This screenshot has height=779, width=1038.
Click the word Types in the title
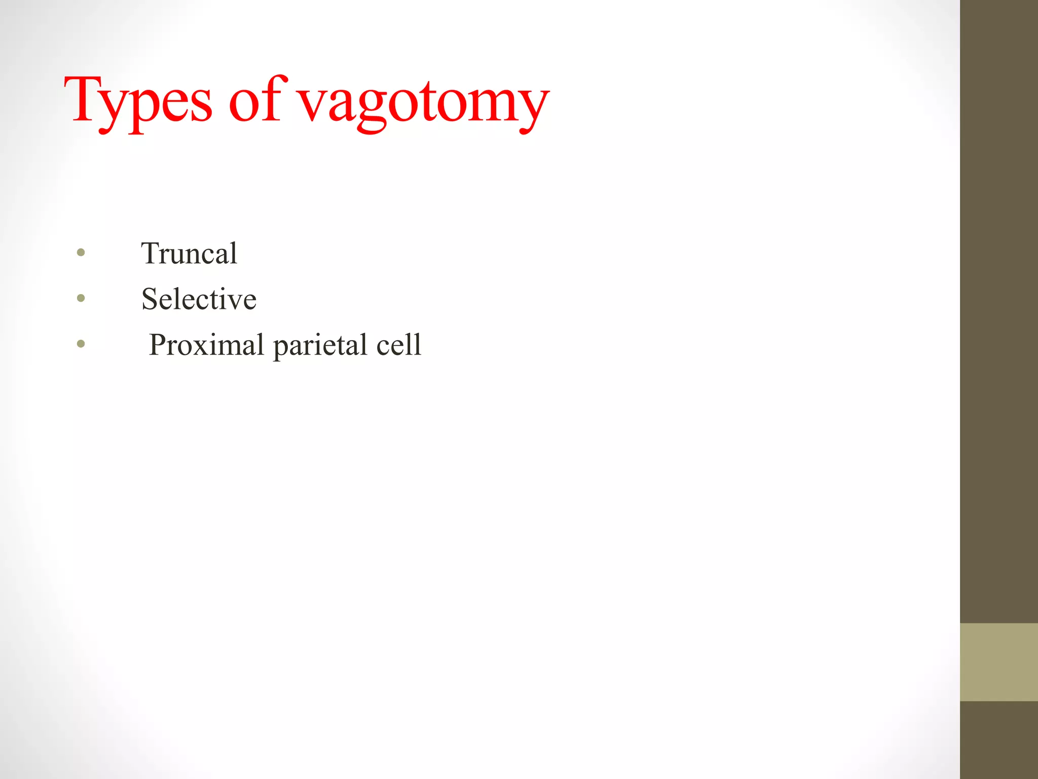click(x=138, y=101)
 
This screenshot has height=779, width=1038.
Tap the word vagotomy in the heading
click(x=423, y=104)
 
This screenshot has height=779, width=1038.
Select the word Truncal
click(x=189, y=253)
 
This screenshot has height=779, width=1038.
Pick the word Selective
click(x=199, y=299)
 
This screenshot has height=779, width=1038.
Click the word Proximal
click(x=207, y=345)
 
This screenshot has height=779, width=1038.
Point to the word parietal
click(x=320, y=346)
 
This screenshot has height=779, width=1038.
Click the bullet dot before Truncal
click(x=81, y=252)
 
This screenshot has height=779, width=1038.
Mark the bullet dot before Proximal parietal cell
click(x=81, y=344)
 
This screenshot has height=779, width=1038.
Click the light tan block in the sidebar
click(x=999, y=662)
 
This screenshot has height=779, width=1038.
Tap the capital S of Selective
click(x=151, y=299)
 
